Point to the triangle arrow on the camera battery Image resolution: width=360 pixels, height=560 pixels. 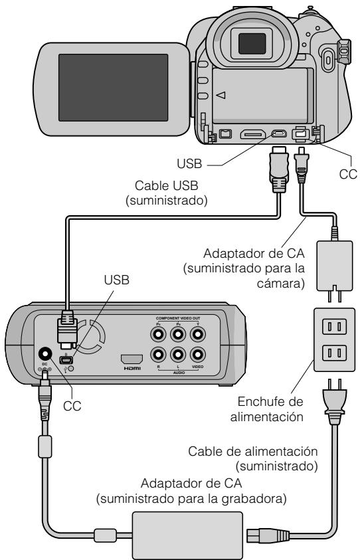click(x=221, y=95)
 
